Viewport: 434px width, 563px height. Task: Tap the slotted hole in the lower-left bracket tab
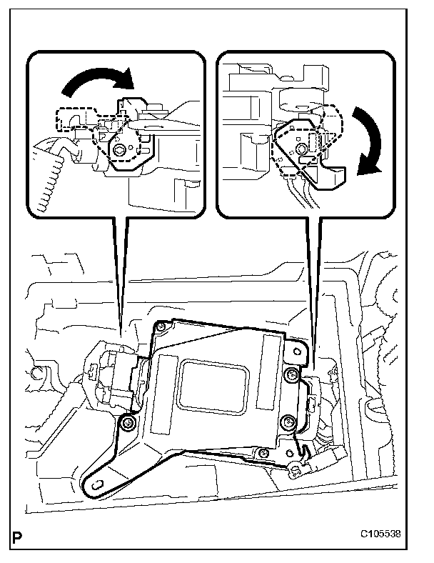(96, 485)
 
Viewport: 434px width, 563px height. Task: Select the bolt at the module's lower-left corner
(128, 424)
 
